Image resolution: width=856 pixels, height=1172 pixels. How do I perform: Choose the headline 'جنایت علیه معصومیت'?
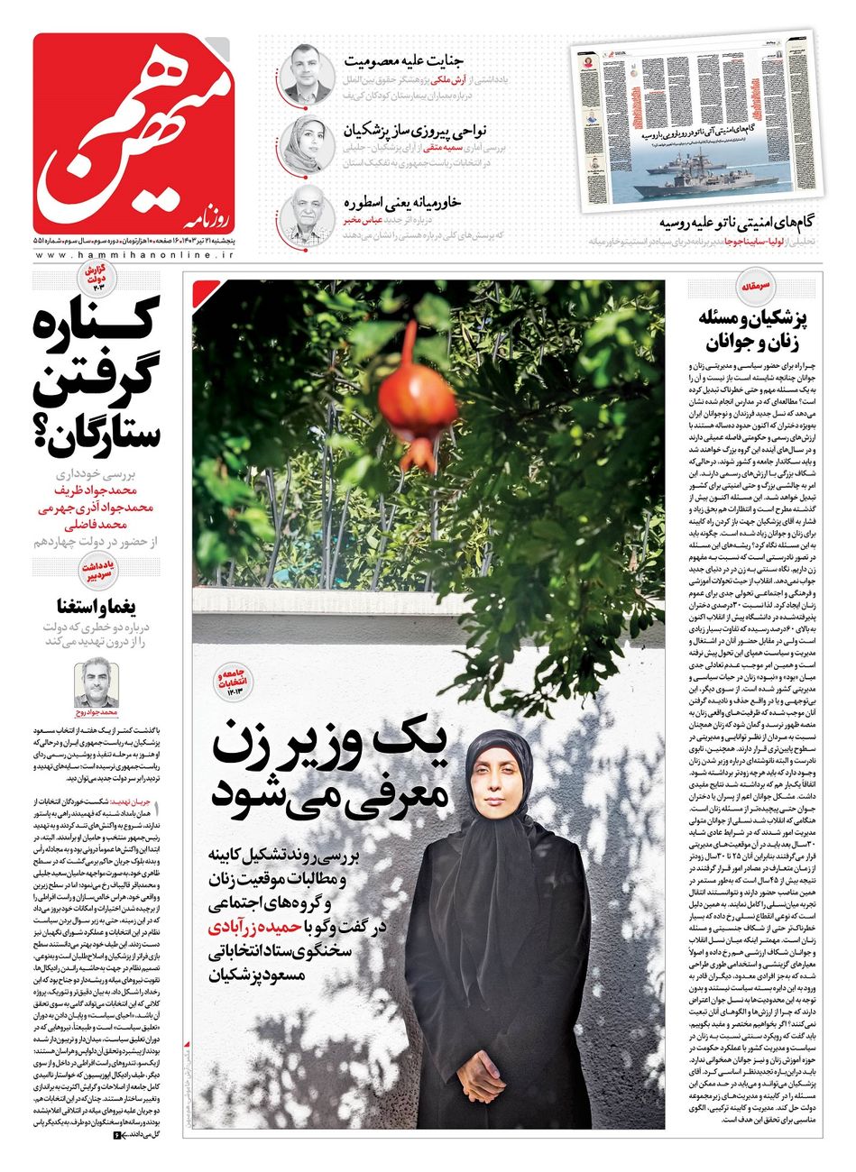point(403,62)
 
